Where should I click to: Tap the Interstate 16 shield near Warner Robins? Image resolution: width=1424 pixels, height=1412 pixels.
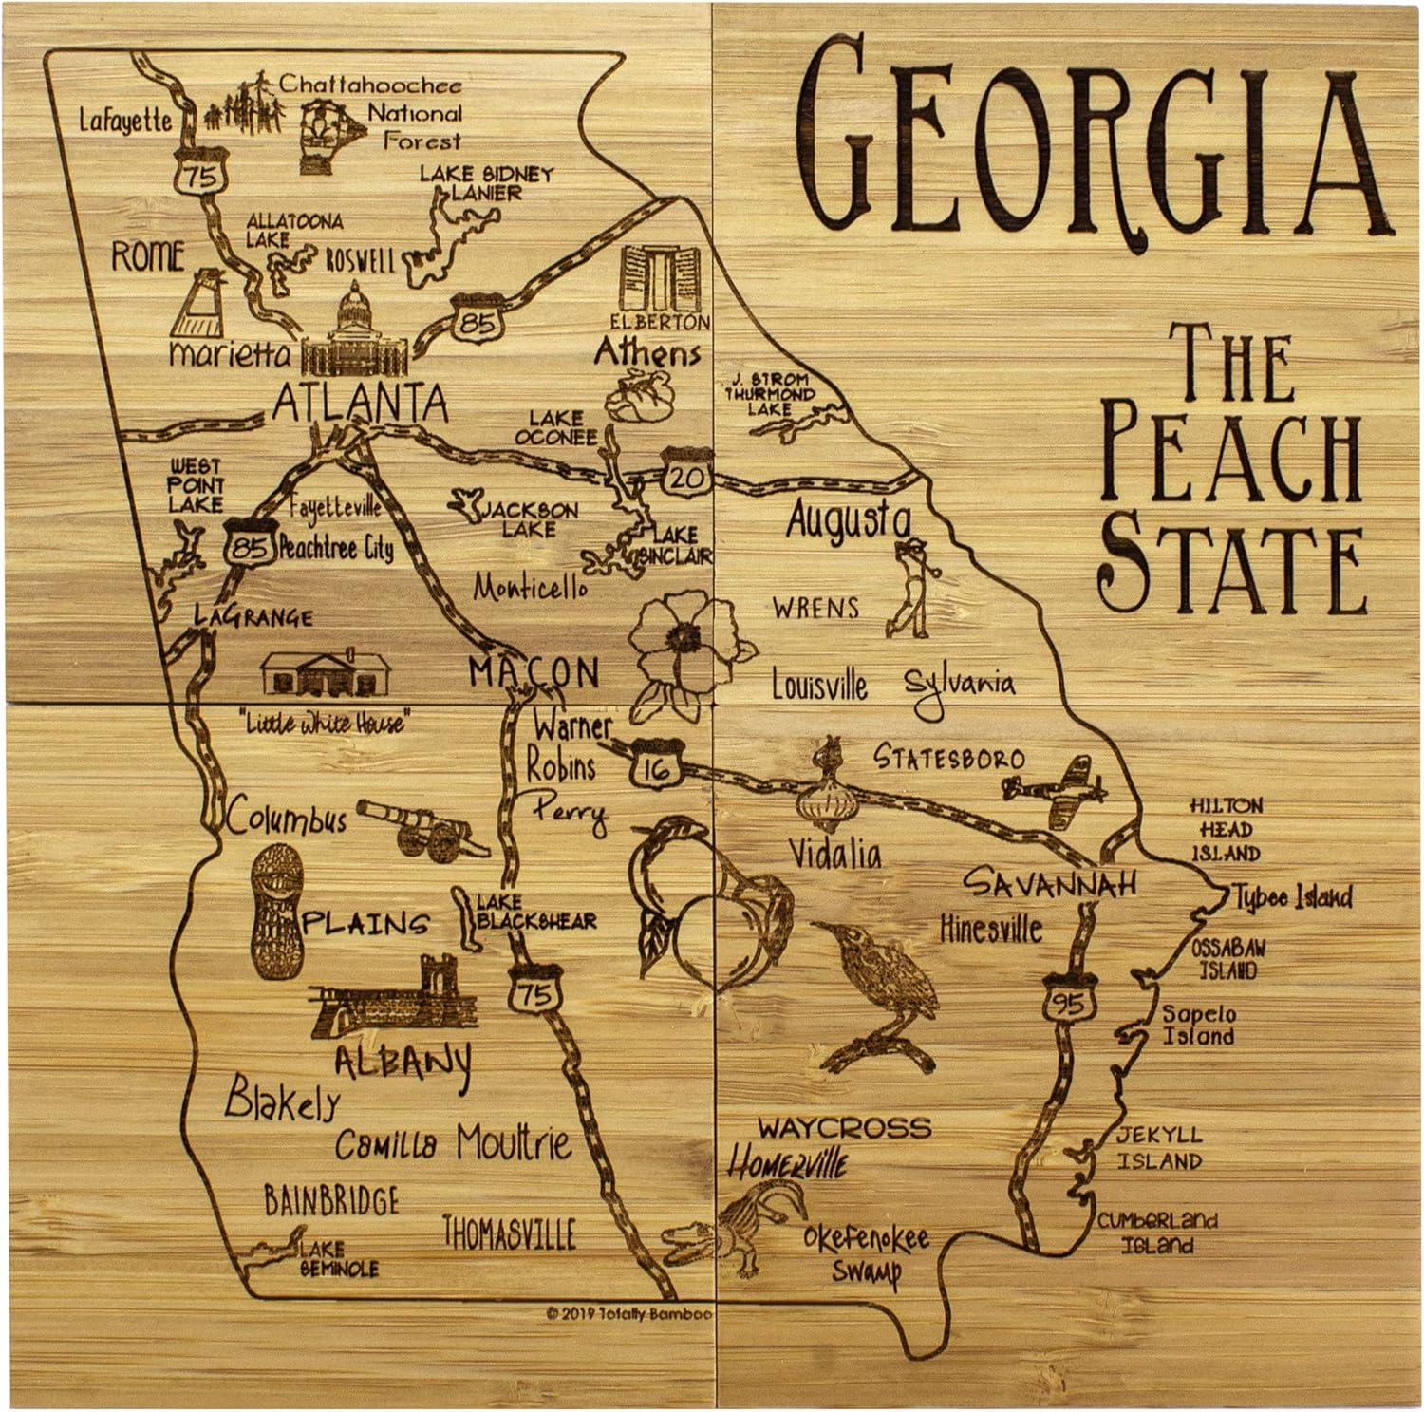[655, 762]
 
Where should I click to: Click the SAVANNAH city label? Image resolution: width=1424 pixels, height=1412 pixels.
[1049, 883]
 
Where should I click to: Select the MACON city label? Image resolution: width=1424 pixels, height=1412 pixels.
[534, 673]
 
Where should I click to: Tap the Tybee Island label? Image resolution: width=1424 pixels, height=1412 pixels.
[1292, 896]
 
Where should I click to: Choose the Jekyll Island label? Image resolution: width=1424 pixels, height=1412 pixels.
[1158, 1147]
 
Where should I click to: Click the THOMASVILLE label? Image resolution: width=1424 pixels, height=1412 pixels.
[510, 1233]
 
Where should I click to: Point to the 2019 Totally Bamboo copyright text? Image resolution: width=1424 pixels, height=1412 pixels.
[629, 1314]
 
